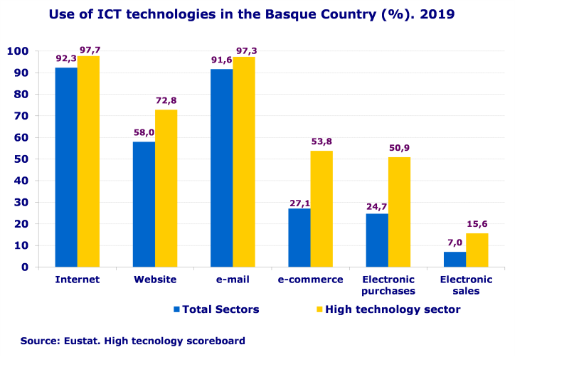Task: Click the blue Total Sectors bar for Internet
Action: (66, 167)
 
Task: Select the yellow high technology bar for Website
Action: (166, 188)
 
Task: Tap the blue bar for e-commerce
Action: (299, 238)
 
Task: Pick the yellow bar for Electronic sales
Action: (477, 250)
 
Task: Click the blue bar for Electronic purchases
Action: (377, 240)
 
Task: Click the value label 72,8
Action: (166, 101)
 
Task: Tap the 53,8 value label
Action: (321, 142)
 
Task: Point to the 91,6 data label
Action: (221, 60)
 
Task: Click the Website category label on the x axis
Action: (155, 280)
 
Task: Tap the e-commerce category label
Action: (311, 280)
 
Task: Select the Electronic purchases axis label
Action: (388, 285)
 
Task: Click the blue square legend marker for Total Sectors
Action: (177, 309)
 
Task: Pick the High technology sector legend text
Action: (393, 309)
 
